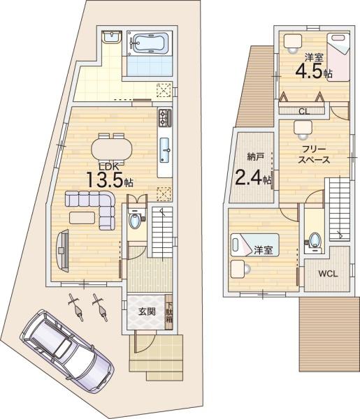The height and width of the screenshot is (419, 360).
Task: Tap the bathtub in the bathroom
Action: pyautogui.click(x=150, y=43)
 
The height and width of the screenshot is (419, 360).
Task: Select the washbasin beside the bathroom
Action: pyautogui.click(x=112, y=37)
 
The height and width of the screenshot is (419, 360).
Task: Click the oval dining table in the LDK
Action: pyautogui.click(x=112, y=149)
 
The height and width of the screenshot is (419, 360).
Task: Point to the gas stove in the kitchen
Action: pyautogui.click(x=165, y=118)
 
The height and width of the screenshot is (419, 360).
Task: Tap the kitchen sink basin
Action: pyautogui.click(x=164, y=150)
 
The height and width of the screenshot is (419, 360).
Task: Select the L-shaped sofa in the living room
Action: pyautogui.click(x=91, y=209)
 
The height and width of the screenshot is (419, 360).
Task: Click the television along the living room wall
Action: pyautogui.click(x=63, y=251)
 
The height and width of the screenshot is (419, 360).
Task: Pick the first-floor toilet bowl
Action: pyautogui.click(x=134, y=221)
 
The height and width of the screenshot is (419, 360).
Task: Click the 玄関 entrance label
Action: pyautogui.click(x=147, y=311)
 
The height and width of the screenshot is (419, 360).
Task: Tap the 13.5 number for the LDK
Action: pyautogui.click(x=105, y=180)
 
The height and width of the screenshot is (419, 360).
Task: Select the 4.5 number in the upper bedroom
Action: pyautogui.click(x=309, y=71)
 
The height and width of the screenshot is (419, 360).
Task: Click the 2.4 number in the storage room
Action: pyautogui.click(x=248, y=177)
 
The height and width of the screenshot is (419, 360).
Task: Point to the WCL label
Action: pyautogui.click(x=328, y=274)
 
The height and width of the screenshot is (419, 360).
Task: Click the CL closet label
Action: pyautogui.click(x=304, y=112)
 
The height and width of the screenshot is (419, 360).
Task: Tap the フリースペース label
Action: pyautogui.click(x=314, y=154)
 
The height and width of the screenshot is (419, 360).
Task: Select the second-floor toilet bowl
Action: pyautogui.click(x=315, y=240)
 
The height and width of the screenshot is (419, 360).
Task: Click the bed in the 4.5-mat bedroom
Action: pyautogui.click(x=338, y=57)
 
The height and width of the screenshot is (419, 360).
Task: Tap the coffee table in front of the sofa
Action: pyautogui.click(x=82, y=217)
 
